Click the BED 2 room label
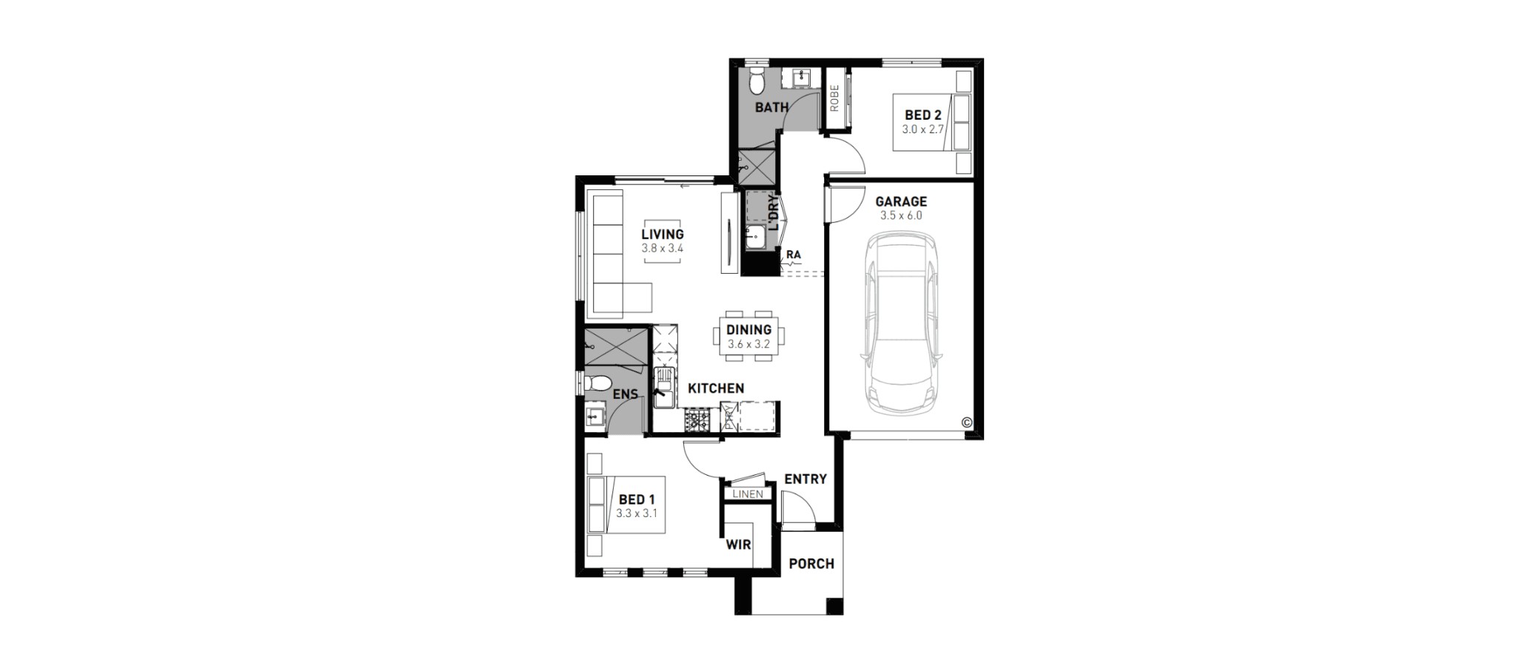pyautogui.click(x=922, y=115)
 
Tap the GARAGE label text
pyautogui.click(x=901, y=201)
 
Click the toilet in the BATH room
pyautogui.click(x=755, y=81)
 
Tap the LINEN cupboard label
pyautogui.click(x=748, y=494)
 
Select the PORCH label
pyautogui.click(x=811, y=564)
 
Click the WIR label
pyautogui.click(x=738, y=545)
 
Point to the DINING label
pyautogui.click(x=749, y=330)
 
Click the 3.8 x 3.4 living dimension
pyautogui.click(x=663, y=249)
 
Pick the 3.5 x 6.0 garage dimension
pyautogui.click(x=901, y=216)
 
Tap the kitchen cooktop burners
pyautogui.click(x=696, y=422)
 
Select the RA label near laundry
pyautogui.click(x=793, y=254)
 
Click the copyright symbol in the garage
pyautogui.click(x=966, y=423)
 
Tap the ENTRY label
pyautogui.click(x=806, y=479)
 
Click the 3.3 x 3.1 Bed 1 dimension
pyautogui.click(x=637, y=513)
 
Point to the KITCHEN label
pyautogui.click(x=716, y=388)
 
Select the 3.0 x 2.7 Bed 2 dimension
pyautogui.click(x=923, y=129)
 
